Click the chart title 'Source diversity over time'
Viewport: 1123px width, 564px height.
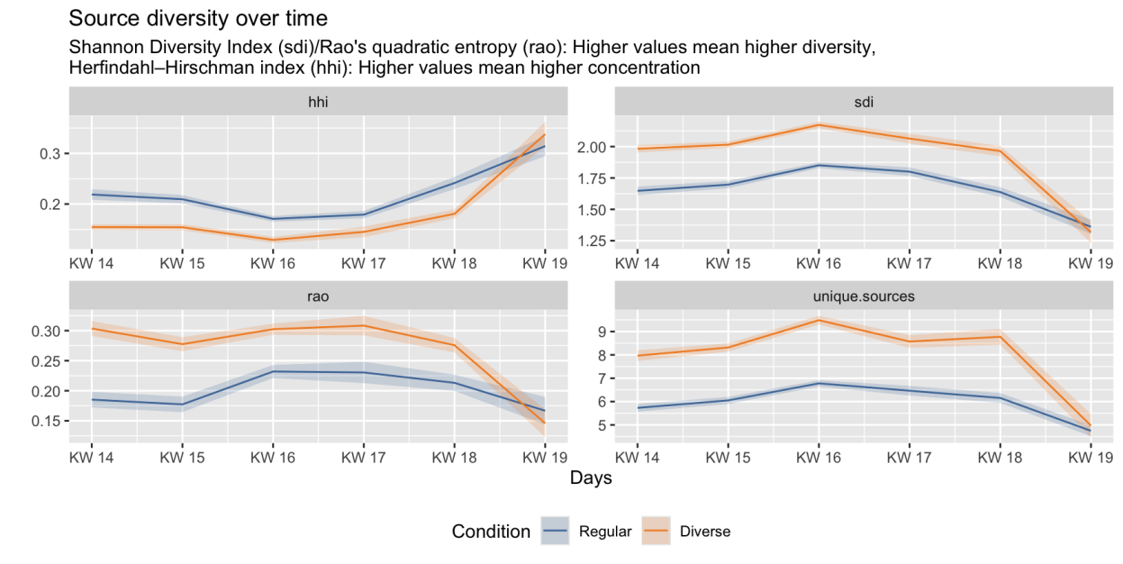click(x=197, y=18)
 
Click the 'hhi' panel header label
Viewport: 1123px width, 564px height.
click(x=318, y=103)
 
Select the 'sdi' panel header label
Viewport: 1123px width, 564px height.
click(x=863, y=103)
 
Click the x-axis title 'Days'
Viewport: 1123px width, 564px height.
click(x=591, y=478)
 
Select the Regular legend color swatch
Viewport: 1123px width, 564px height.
click(x=556, y=532)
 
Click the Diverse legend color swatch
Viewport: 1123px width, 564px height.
click(x=657, y=532)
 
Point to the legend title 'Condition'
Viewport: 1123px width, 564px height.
click(x=491, y=532)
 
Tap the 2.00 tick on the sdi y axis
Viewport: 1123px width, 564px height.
click(x=593, y=146)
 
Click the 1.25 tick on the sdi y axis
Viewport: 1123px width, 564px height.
click(x=593, y=241)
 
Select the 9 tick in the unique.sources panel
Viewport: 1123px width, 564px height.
click(x=602, y=332)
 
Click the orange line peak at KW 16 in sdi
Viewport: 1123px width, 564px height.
click(x=818, y=124)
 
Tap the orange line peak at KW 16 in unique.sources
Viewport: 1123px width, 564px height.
click(x=818, y=320)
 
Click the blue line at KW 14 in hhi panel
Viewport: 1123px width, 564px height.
click(x=92, y=195)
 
